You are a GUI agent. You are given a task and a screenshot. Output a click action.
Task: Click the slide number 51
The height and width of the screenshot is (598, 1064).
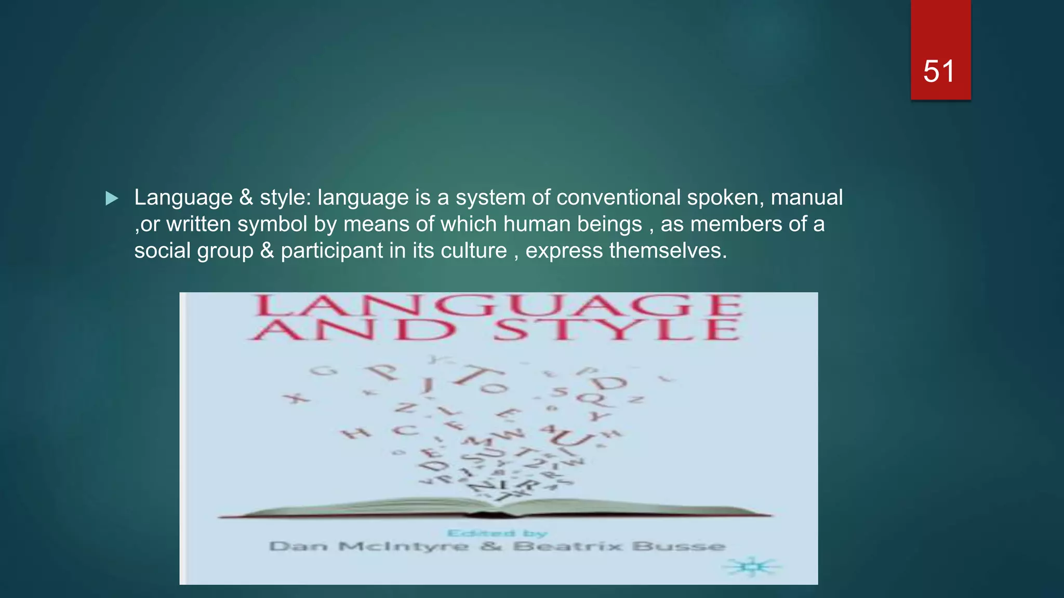[x=939, y=71]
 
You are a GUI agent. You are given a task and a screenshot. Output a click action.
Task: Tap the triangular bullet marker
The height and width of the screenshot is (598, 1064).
[x=112, y=198]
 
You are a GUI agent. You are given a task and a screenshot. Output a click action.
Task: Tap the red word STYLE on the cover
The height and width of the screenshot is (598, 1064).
[x=616, y=330]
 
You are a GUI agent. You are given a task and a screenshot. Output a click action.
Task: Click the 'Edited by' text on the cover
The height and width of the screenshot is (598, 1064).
[x=497, y=533]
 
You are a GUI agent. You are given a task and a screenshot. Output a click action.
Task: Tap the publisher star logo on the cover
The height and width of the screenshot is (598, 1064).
[x=752, y=567]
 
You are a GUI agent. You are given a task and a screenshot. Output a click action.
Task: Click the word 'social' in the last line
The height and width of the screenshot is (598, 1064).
[x=163, y=251]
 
